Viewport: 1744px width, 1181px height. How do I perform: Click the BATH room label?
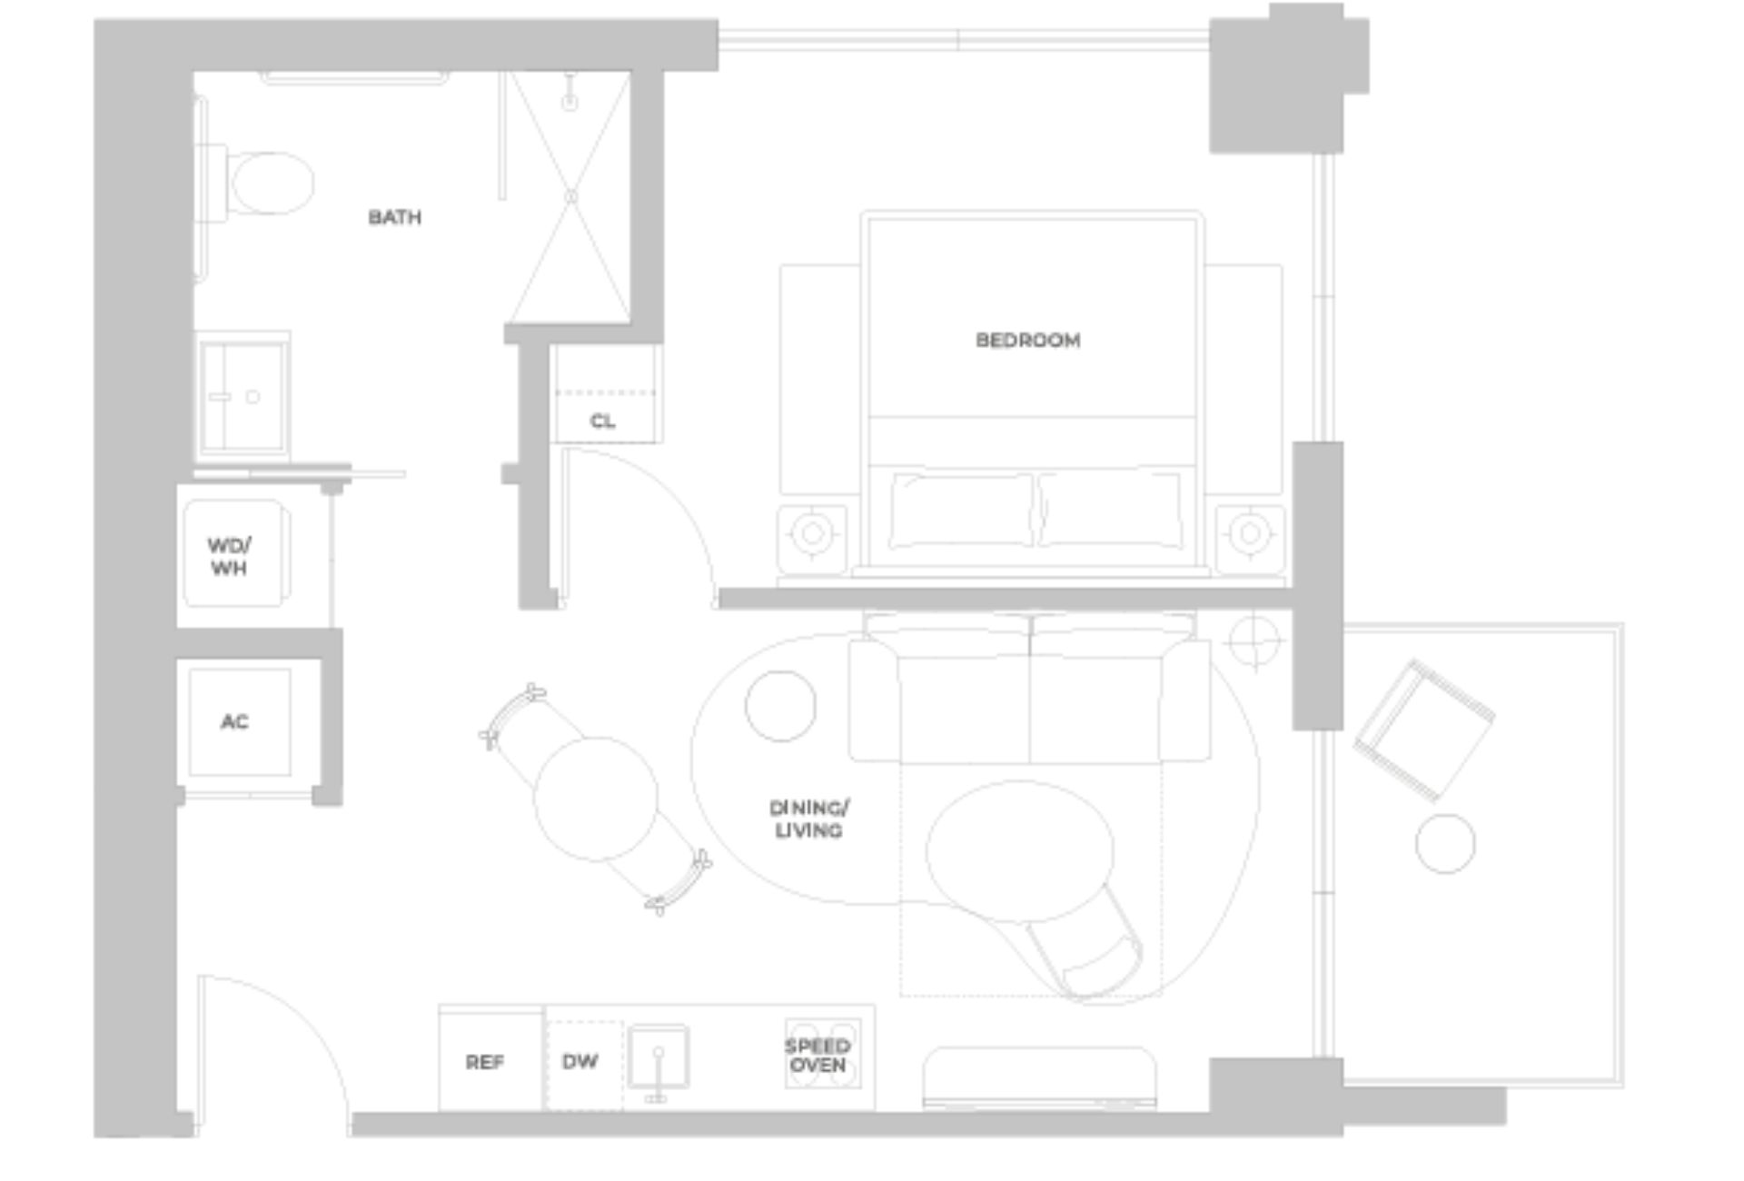pos(394,217)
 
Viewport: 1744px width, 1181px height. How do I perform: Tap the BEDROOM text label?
pos(1027,341)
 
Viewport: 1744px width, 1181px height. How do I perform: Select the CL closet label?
pos(602,422)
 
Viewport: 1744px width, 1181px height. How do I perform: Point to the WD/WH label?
pos(229,556)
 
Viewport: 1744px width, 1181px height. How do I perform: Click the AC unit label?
pos(234,721)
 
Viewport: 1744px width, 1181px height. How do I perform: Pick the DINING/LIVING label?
pos(808,819)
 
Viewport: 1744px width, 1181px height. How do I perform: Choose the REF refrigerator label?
pos(484,1062)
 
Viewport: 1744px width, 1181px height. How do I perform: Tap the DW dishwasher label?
pos(580,1061)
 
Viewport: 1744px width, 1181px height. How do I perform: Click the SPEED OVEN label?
pos(817,1055)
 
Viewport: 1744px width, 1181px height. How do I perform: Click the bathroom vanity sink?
pos(242,397)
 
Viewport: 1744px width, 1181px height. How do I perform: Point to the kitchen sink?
pos(658,1057)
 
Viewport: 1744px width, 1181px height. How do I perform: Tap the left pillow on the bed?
pos(961,510)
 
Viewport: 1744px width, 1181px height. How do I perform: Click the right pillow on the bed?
pos(1110,510)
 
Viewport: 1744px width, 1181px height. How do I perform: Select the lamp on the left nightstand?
pos(812,533)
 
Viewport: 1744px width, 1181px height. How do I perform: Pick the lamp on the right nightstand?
pos(1250,533)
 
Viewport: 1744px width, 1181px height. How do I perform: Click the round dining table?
pos(596,799)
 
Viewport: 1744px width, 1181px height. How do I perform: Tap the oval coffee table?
pos(1019,851)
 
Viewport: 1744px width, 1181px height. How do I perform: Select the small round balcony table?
pos(1444,844)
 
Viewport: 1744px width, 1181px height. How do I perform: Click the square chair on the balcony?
pos(1422,730)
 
